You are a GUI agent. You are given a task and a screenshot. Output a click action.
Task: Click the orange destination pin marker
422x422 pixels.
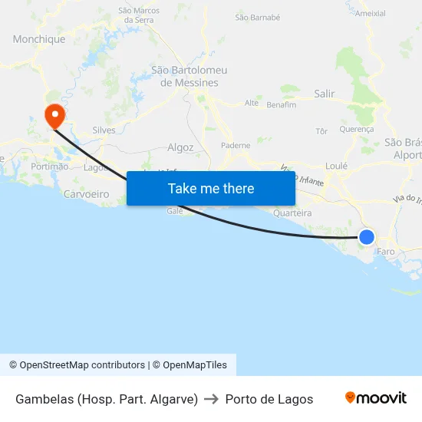(x=55, y=116)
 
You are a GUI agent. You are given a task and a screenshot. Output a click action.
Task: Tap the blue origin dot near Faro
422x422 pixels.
(x=367, y=237)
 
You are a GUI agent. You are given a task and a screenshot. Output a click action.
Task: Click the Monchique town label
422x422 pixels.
(x=39, y=39)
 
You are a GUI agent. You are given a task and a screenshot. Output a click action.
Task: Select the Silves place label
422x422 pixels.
(x=104, y=130)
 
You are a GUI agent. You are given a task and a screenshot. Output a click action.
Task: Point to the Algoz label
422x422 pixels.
(x=180, y=147)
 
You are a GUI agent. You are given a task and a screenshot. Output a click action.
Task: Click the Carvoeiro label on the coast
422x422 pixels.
(x=86, y=194)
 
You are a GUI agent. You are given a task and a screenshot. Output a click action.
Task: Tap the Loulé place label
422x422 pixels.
(x=336, y=166)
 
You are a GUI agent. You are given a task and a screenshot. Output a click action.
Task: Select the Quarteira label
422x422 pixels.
(x=292, y=213)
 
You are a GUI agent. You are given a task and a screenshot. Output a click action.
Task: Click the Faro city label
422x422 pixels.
(x=386, y=251)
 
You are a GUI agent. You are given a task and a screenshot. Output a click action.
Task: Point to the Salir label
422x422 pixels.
(x=325, y=94)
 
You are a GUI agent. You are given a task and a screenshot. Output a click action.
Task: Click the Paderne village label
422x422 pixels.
(x=235, y=145)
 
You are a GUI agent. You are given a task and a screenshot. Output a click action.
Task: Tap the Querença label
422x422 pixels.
(x=356, y=130)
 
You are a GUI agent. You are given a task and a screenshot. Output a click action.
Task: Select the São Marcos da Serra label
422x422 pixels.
(x=138, y=15)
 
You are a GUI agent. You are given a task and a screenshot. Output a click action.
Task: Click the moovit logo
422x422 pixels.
(x=375, y=398)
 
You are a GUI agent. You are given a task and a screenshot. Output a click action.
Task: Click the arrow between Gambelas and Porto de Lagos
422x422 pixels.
(x=212, y=399)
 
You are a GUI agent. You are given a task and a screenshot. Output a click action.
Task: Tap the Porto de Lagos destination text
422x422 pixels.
(x=269, y=399)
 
